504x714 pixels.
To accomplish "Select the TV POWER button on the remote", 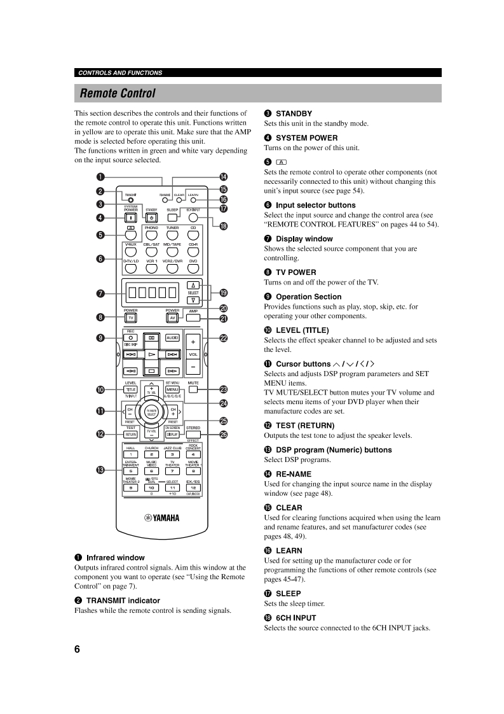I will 130,318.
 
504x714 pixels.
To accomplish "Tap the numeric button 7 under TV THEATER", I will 172,471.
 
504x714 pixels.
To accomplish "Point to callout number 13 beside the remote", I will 100,470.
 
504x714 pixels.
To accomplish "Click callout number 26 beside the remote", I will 223,434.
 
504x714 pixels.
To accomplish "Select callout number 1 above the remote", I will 100,177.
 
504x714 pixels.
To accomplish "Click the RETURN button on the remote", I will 130,434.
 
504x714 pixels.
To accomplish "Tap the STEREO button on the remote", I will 193,434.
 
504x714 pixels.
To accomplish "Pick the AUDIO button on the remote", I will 172,337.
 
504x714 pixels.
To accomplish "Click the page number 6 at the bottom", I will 77,649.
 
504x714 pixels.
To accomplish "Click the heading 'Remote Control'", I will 118,94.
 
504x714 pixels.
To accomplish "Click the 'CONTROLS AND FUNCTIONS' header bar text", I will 120,73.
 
